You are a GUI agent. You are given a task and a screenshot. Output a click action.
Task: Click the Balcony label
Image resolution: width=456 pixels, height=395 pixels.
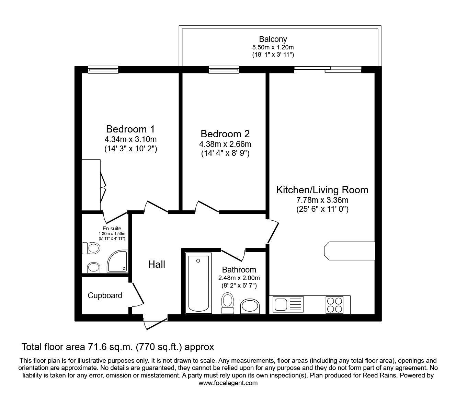tap(273, 39)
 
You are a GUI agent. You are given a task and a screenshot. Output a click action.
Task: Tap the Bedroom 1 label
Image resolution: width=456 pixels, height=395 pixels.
tap(130, 129)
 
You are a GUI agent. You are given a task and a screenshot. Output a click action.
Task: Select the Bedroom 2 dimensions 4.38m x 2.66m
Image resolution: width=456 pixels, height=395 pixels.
tap(225, 144)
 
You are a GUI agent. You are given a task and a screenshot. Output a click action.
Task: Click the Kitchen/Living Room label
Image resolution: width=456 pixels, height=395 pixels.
tap(322, 190)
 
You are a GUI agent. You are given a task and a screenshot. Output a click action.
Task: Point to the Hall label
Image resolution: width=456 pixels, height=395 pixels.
tap(157, 264)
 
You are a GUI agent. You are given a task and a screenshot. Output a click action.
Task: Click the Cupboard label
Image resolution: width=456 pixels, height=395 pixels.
tap(105, 295)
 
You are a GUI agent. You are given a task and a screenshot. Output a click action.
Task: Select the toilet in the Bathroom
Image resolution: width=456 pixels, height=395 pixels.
tap(227, 303)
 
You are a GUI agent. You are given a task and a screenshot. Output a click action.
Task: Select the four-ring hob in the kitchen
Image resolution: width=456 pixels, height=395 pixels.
tap(334, 305)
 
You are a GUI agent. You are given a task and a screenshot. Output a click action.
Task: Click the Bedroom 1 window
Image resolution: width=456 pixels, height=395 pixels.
tap(103, 70)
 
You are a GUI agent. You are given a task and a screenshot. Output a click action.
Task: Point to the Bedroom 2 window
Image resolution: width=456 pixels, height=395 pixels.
tap(224, 70)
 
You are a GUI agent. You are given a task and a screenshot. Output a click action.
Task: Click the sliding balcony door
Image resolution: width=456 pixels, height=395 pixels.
tap(328, 70)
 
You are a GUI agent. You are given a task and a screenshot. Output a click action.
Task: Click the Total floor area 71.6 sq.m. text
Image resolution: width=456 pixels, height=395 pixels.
tap(118, 347)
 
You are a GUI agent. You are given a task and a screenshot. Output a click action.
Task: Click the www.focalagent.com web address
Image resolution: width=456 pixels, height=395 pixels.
tap(228, 383)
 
